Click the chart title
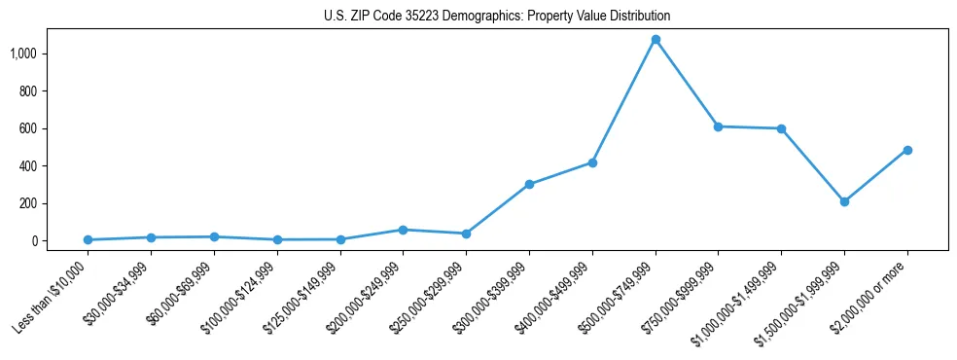point(497,16)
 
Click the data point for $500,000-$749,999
point(656,40)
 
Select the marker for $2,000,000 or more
point(907,150)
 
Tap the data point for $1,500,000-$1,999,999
point(844,201)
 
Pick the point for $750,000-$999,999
point(718,126)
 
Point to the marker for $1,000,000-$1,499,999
point(781,128)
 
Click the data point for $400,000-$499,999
point(592,162)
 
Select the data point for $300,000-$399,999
point(529,184)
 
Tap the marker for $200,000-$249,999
point(403,230)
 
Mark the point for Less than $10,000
point(88,239)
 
